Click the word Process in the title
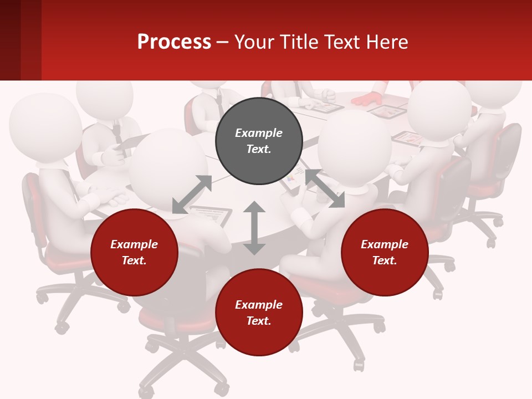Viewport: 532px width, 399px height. tap(174, 42)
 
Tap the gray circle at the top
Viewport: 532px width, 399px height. tap(259, 141)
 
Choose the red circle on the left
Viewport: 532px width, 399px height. tap(134, 252)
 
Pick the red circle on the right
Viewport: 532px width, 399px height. tap(385, 252)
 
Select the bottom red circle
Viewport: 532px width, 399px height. tap(259, 313)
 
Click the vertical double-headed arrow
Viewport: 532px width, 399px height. tap(254, 228)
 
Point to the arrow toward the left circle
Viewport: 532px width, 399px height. tap(192, 195)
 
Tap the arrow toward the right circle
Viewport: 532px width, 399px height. tap(325, 188)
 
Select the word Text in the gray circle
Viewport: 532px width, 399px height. tap(259, 149)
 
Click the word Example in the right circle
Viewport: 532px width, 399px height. tap(385, 244)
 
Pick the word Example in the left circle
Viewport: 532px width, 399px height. tap(134, 244)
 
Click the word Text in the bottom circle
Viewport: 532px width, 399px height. tap(259, 321)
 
